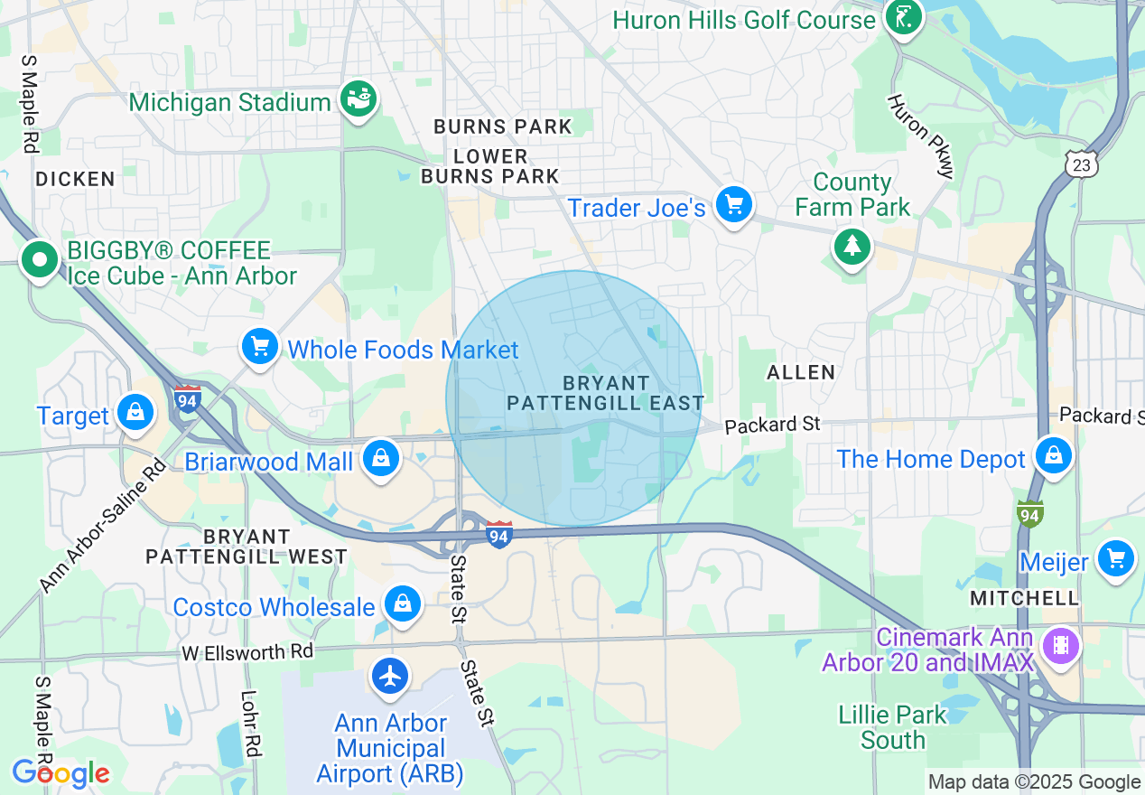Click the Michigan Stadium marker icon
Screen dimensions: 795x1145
(358, 99)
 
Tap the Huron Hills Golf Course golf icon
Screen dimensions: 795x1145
(901, 17)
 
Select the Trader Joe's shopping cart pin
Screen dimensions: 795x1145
(733, 206)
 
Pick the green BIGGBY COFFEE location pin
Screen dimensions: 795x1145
(40, 260)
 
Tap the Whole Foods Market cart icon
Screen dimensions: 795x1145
(260, 347)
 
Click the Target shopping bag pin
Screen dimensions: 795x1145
(135, 414)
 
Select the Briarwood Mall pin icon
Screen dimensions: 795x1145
(381, 459)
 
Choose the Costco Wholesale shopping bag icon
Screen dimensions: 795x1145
(402, 603)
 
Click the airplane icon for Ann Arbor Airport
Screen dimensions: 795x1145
(390, 676)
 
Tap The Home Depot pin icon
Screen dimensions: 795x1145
(1053, 455)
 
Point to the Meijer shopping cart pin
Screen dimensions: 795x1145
(1116, 559)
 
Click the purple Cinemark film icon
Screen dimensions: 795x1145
(1061, 645)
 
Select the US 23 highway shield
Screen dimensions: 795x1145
(1080, 164)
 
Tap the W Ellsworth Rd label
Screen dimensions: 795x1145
(247, 652)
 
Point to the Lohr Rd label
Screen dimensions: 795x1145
(250, 724)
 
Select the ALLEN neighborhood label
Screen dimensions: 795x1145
(801, 372)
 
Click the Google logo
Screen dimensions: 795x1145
(61, 773)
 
